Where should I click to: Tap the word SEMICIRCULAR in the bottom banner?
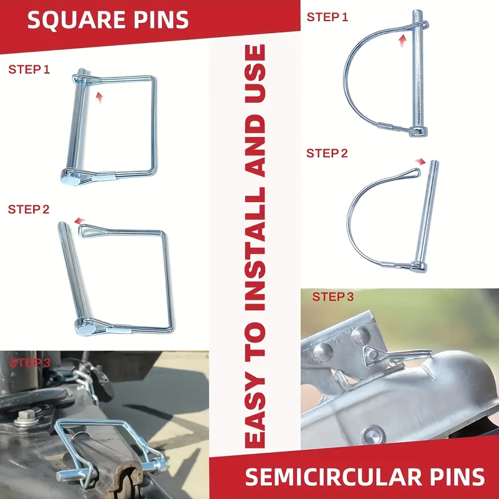[331, 477]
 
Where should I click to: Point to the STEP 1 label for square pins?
[29, 69]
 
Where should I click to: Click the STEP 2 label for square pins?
[29, 210]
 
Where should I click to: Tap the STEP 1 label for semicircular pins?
[327, 17]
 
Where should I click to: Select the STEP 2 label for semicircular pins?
[327, 153]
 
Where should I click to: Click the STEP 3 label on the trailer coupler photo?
[333, 297]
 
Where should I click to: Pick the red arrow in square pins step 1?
[100, 97]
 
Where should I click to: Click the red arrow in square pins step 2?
[80, 221]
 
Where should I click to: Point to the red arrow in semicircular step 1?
[403, 41]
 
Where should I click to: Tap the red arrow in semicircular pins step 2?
[420, 162]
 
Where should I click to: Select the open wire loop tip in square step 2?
[83, 230]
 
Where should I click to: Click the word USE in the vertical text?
[255, 73]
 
